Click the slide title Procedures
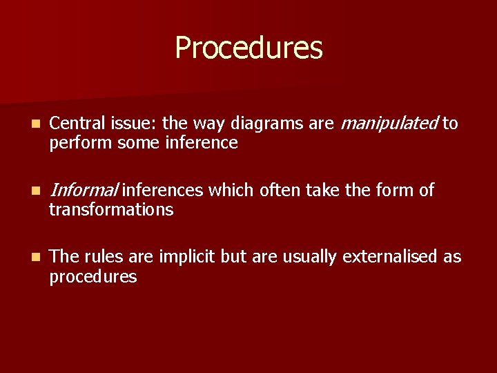248,48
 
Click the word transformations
111,209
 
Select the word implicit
188,257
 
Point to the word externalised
391,257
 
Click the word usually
310,258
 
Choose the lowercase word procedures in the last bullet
93,277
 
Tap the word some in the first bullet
139,144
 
